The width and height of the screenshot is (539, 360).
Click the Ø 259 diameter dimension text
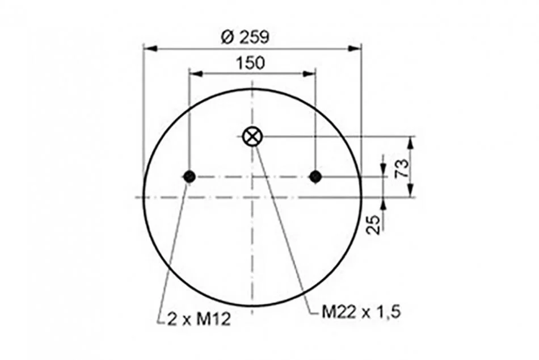click(x=245, y=37)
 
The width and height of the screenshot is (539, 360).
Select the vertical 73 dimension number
click(x=402, y=168)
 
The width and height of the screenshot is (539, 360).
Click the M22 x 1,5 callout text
click(x=361, y=312)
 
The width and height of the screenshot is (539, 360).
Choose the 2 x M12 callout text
click(x=199, y=320)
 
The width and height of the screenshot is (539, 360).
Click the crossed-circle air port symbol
click(x=252, y=137)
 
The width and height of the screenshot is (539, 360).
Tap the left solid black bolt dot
click(x=190, y=177)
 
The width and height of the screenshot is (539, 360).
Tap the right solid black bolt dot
click(x=315, y=177)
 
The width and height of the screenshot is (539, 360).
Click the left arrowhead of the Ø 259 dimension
click(x=150, y=48)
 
